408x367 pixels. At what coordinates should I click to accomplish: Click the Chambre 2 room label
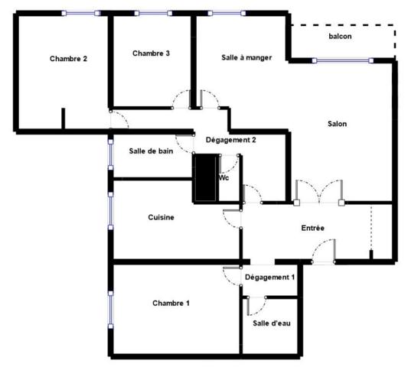67,58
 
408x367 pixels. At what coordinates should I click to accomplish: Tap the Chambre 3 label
151,53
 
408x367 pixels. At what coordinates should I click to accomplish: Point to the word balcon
340,37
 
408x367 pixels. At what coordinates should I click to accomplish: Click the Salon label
337,124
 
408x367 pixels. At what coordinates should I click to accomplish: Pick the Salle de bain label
151,151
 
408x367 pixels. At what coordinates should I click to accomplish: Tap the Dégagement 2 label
230,140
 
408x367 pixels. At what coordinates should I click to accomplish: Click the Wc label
224,177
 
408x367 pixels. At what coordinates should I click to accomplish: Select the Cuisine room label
161,217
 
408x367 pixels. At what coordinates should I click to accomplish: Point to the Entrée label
312,228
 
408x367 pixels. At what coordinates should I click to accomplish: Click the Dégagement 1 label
270,277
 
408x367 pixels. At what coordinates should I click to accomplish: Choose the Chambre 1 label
171,303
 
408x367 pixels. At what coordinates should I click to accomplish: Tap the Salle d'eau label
272,323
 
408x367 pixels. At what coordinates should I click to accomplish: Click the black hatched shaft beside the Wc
205,178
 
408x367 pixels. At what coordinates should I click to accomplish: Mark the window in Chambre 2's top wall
80,13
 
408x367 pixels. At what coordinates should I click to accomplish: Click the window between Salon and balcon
343,60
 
